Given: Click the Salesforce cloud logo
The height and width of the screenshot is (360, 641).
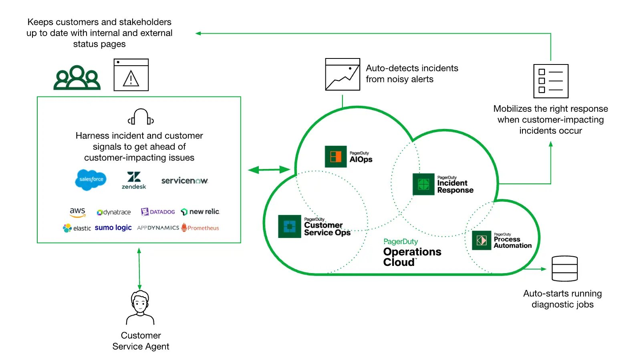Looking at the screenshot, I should (x=91, y=179).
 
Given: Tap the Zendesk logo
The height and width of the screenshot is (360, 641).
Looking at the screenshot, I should (x=134, y=180).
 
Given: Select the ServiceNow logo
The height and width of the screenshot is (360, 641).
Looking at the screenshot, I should (x=185, y=181).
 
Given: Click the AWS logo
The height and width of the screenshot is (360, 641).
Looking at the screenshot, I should (x=77, y=212).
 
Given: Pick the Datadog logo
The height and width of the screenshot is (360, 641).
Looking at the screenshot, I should (x=158, y=212).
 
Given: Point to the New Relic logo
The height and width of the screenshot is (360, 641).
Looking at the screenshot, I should (x=200, y=211).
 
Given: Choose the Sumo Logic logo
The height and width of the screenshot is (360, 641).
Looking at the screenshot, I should (x=113, y=227).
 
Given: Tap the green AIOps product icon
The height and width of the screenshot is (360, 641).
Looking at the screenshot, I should (x=335, y=156).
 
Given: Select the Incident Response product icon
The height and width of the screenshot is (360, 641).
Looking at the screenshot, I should (x=423, y=184).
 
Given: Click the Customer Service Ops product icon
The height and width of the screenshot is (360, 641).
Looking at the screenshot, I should (x=289, y=226).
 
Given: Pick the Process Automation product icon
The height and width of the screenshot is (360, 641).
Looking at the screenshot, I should (x=481, y=240).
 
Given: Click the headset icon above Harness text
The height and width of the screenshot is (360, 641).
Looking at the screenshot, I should (x=140, y=117).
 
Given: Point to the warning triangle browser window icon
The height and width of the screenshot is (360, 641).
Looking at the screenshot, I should (x=131, y=75).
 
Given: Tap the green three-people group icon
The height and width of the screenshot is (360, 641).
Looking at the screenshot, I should (x=77, y=77).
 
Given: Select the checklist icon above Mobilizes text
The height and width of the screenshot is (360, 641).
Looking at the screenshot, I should (x=550, y=81).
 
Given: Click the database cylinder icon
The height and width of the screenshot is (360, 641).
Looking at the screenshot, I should (x=564, y=268).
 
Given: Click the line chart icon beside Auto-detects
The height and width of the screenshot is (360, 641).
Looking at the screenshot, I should (x=342, y=74).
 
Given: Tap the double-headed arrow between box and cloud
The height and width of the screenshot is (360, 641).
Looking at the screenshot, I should (x=269, y=170).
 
